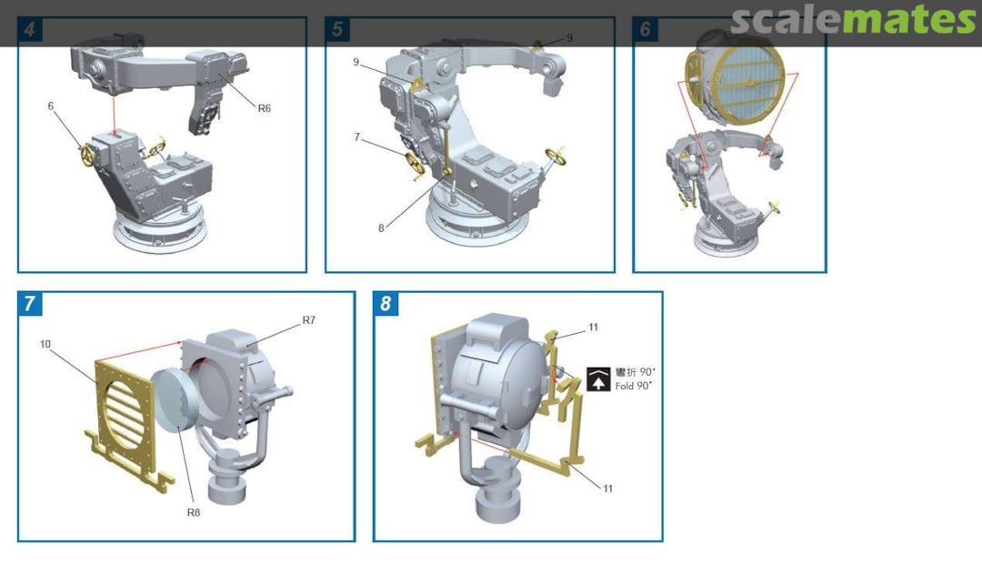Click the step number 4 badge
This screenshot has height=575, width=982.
click(29, 29)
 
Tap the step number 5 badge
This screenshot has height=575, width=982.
click(337, 29)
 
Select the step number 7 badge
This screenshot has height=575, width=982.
click(29, 304)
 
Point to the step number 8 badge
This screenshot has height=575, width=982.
click(386, 304)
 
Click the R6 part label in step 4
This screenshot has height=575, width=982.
click(265, 108)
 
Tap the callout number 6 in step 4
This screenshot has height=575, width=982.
click(51, 106)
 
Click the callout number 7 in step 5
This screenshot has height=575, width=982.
click(357, 137)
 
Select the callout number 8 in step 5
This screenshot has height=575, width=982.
click(381, 228)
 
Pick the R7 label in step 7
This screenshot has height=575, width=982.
click(309, 320)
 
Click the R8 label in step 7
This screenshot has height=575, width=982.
click(194, 512)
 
